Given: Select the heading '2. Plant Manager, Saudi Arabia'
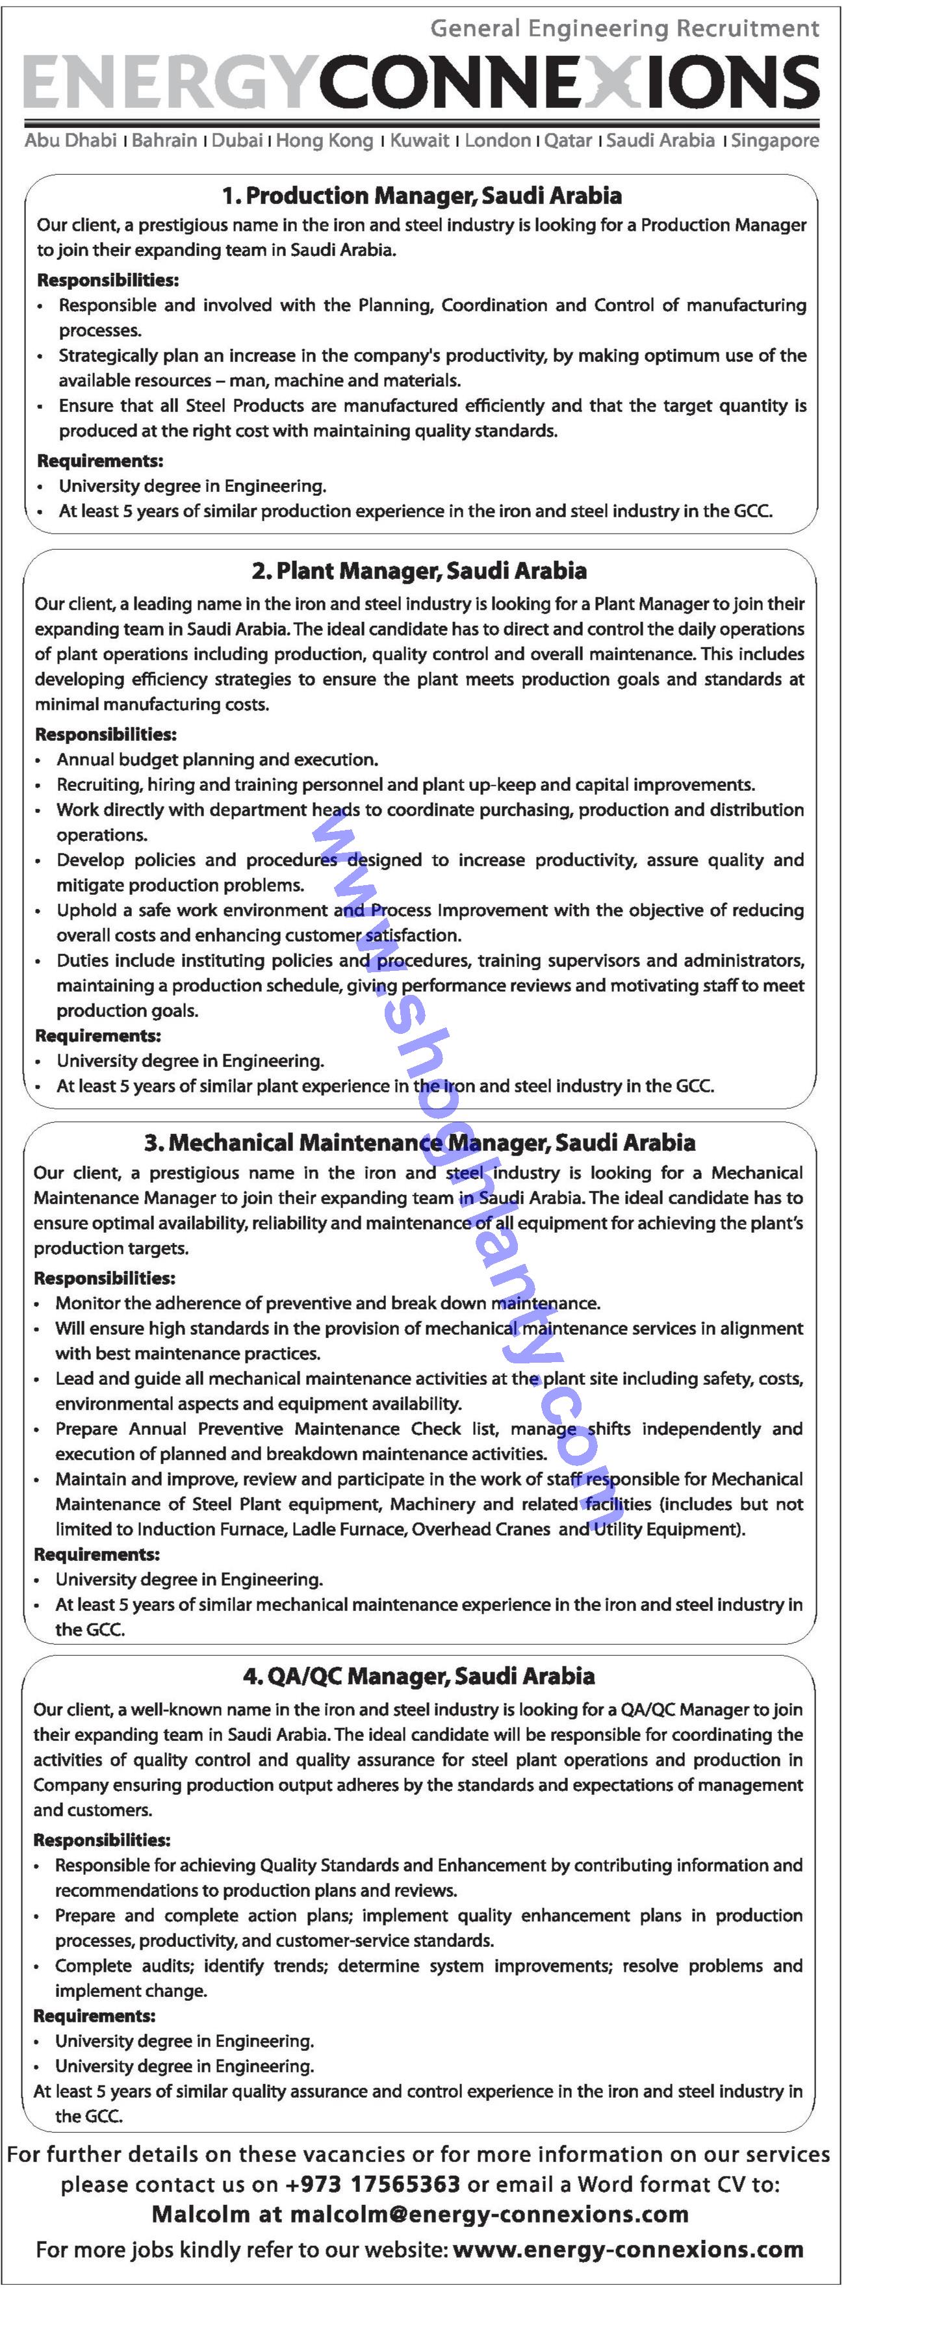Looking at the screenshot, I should coord(418,571).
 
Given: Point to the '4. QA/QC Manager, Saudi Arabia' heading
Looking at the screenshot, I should coord(418,1676).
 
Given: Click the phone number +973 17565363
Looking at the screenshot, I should coord(372,2184).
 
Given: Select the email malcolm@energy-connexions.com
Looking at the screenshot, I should coord(489,2214).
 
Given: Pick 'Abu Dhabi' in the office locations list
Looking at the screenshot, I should coord(70,140).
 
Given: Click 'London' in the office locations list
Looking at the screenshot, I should coord(498,140).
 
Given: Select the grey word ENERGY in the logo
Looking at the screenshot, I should coord(168,82).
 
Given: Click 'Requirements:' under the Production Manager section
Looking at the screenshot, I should coord(100,461).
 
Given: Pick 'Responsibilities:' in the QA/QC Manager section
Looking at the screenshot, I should coord(102,1839).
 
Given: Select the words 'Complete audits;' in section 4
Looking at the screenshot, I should coord(123,1966).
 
